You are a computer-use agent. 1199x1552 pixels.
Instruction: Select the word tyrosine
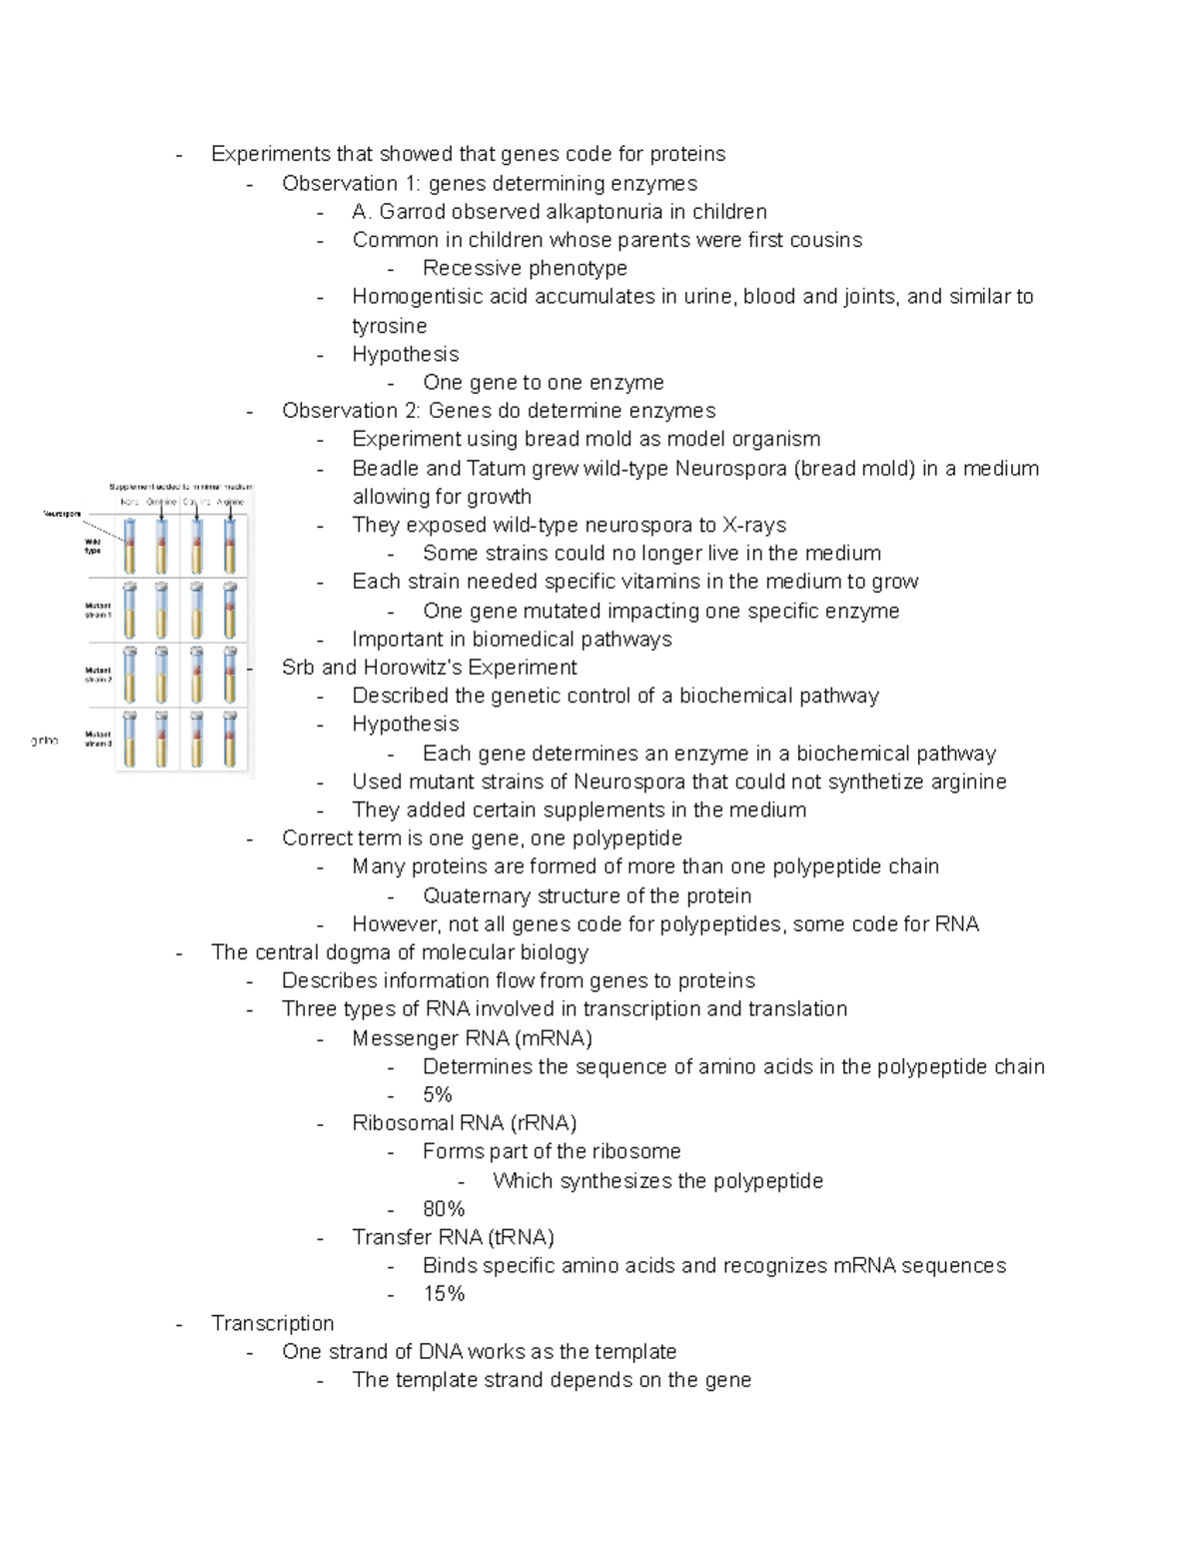[389, 326]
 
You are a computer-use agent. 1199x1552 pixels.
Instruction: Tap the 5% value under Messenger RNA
[438, 1094]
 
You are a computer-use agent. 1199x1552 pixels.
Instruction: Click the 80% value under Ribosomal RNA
[444, 1208]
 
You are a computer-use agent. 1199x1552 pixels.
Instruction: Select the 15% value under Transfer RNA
[444, 1293]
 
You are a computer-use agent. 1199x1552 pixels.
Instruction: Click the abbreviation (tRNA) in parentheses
[522, 1237]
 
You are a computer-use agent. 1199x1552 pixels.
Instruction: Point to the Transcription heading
[273, 1323]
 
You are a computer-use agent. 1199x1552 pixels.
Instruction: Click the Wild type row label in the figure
[93, 546]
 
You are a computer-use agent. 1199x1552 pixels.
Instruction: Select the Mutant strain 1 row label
[98, 610]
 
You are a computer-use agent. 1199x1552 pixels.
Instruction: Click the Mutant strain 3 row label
[98, 739]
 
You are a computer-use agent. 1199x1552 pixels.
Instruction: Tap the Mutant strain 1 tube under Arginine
[231, 611]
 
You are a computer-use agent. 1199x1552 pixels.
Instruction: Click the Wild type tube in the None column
[129, 546]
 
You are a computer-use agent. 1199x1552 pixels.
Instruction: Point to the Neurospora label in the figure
[63, 514]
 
